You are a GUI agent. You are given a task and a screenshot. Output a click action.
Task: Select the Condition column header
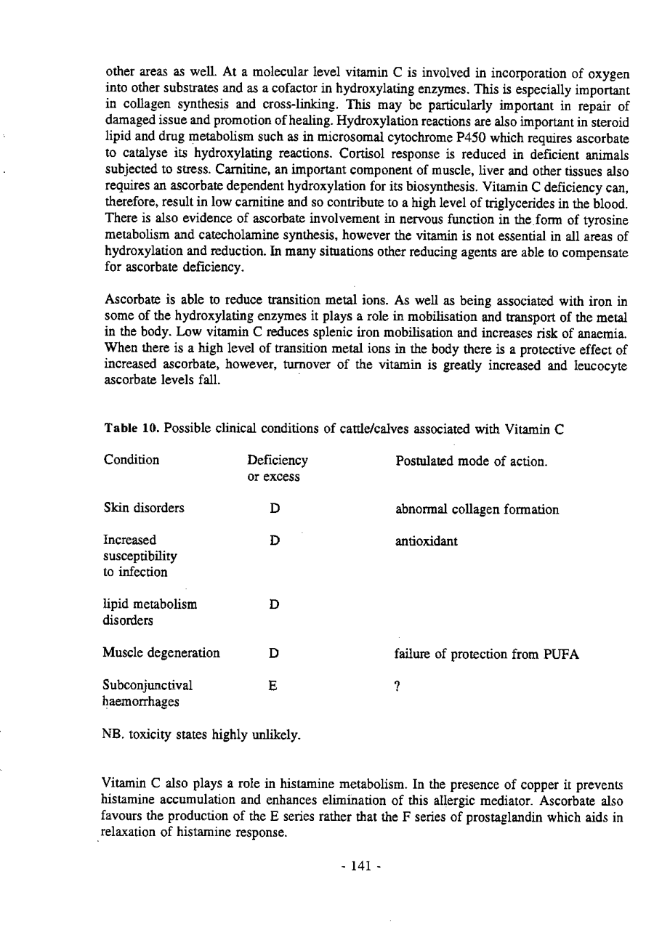(x=132, y=461)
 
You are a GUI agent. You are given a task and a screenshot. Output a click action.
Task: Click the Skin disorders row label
(x=144, y=509)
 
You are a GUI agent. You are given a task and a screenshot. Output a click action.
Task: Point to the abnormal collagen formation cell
(x=477, y=510)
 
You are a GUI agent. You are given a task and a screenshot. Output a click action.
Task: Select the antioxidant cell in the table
(x=426, y=541)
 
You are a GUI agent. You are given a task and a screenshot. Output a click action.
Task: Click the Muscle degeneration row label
(x=162, y=653)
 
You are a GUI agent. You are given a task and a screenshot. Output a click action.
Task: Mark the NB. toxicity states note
(x=202, y=733)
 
